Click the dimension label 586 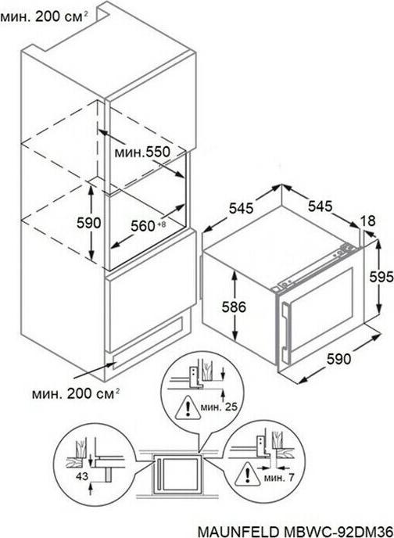point(234,307)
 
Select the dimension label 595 point(381,277)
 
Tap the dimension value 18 point(367,221)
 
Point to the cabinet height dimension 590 point(88,223)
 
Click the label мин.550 point(142,152)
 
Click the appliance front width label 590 point(338,359)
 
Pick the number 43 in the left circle point(81,476)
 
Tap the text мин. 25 point(219,407)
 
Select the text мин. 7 point(279,478)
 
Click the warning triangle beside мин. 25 point(187,407)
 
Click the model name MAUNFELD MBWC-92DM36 point(295,531)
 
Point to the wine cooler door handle point(285,331)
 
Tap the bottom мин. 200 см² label point(76,393)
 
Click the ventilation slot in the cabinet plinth point(148,343)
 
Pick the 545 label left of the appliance point(241,208)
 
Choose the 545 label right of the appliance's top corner point(321,206)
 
